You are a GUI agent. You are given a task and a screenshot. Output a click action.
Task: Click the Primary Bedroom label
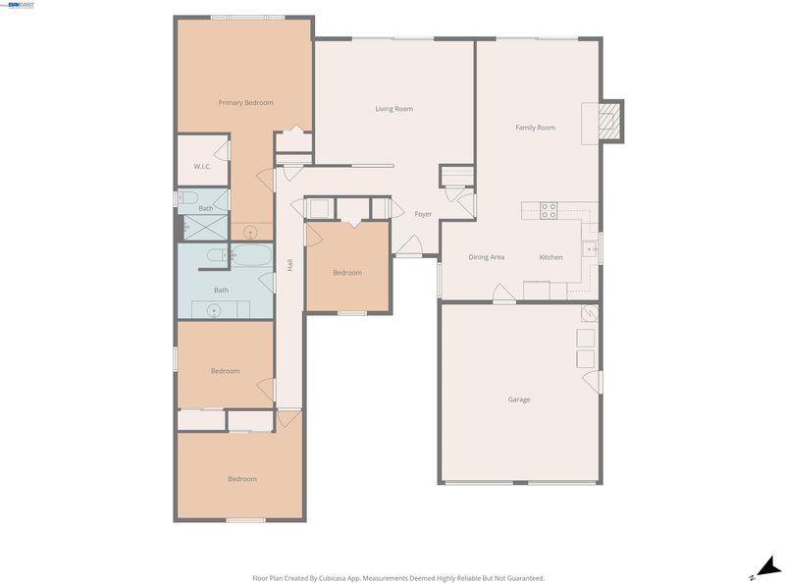coord(246,103)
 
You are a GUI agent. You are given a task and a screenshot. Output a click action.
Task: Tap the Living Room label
coord(394,109)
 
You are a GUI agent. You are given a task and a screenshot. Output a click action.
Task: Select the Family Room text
coord(535,128)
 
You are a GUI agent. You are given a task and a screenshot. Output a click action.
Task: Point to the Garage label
coord(519,399)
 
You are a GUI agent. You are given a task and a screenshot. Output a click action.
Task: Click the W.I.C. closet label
coord(202,166)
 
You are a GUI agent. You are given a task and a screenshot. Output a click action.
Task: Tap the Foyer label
coord(423,214)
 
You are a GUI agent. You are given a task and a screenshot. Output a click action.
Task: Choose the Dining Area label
coord(486,257)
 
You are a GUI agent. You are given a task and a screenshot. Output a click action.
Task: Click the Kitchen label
coord(550,257)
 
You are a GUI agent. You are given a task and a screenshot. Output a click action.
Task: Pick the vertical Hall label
coord(289,265)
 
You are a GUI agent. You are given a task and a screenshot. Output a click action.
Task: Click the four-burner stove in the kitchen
coord(549,210)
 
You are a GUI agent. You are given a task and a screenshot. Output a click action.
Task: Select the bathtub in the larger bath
coord(251,255)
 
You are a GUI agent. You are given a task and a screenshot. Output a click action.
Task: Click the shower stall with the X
coord(206,227)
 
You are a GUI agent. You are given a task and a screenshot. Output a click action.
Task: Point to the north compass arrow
coord(768,567)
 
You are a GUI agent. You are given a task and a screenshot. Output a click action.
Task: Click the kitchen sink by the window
coord(590,249)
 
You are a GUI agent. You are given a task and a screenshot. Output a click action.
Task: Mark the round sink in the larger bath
coord(214,311)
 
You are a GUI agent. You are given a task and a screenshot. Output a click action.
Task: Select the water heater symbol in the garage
coord(590,313)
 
